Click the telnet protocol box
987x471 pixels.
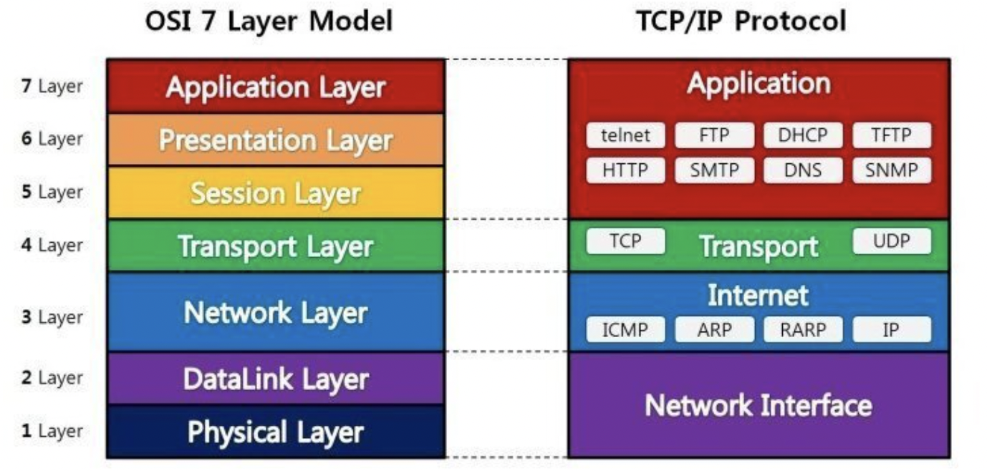(625, 135)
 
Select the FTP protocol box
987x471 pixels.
(714, 135)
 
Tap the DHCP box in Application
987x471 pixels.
(803, 135)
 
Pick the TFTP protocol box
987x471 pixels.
(892, 135)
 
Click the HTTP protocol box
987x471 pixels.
(625, 170)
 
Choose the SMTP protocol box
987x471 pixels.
(714, 170)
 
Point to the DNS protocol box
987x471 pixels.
(803, 170)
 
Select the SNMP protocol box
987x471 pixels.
(892, 170)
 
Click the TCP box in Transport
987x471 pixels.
(625, 241)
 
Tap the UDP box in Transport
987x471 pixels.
(892, 241)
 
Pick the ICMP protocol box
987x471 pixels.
(625, 330)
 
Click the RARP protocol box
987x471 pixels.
(803, 330)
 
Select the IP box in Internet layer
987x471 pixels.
(892, 330)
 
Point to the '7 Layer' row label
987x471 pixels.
(52, 87)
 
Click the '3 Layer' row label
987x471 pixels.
(52, 316)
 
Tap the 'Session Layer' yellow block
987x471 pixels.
(276, 193)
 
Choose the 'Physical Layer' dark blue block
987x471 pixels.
(276, 432)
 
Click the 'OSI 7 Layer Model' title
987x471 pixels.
(269, 21)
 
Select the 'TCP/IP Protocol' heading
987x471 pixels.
(741, 21)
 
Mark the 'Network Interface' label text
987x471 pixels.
(759, 405)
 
